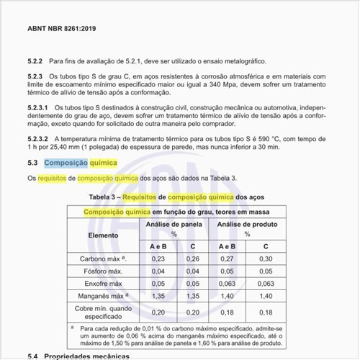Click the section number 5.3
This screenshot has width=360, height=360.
(32, 163)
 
